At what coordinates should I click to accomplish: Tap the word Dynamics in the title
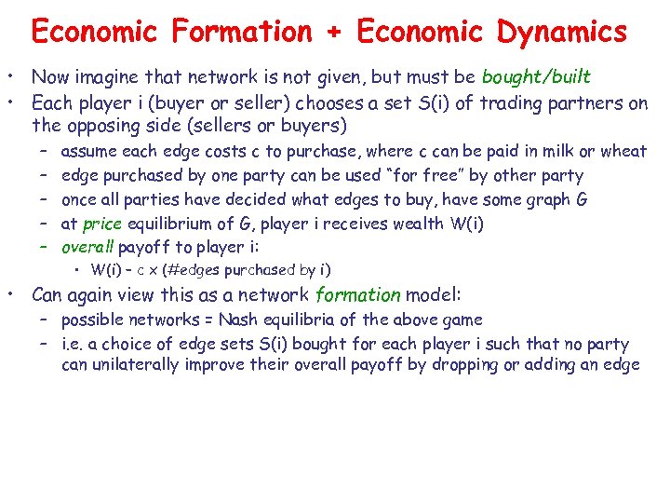pyautogui.click(x=561, y=33)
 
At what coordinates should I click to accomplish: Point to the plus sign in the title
pyautogui.click(x=334, y=34)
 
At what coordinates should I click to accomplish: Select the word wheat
pyautogui.click(x=623, y=151)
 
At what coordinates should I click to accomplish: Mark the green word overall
pyautogui.click(x=87, y=248)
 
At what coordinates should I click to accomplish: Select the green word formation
pyautogui.click(x=357, y=296)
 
